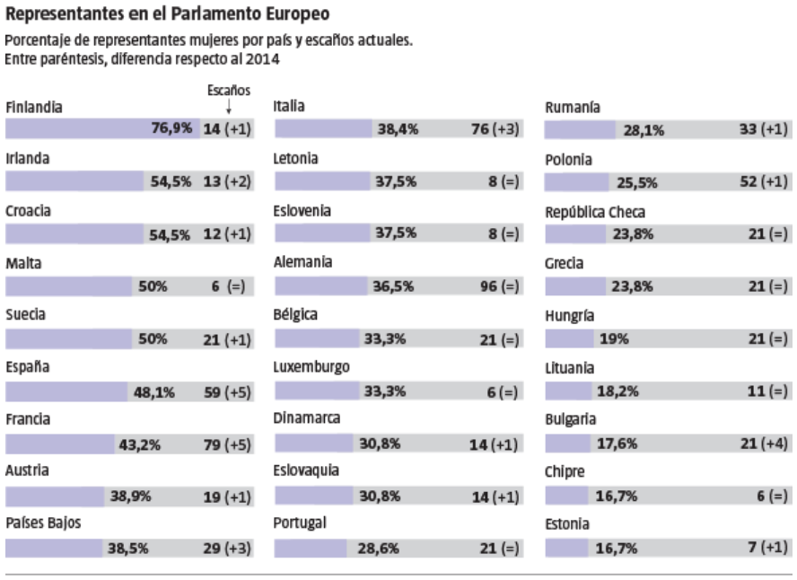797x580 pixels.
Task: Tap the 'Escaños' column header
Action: (x=228, y=91)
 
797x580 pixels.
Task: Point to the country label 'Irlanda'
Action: (x=26, y=158)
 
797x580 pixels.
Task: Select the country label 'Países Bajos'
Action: (x=40, y=523)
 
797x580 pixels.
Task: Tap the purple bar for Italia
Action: (x=323, y=128)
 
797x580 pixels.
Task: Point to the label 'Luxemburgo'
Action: (x=311, y=367)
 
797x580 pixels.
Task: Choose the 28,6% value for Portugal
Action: (x=381, y=549)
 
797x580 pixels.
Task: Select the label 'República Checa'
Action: (x=595, y=213)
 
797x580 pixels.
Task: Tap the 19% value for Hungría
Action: (x=614, y=338)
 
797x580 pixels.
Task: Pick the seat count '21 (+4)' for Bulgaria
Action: (x=766, y=444)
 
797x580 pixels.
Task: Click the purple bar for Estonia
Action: (x=566, y=549)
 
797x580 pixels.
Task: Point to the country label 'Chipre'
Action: (x=565, y=471)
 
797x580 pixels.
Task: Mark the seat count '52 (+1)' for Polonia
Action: (x=766, y=181)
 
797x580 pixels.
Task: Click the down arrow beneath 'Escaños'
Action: (x=229, y=107)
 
